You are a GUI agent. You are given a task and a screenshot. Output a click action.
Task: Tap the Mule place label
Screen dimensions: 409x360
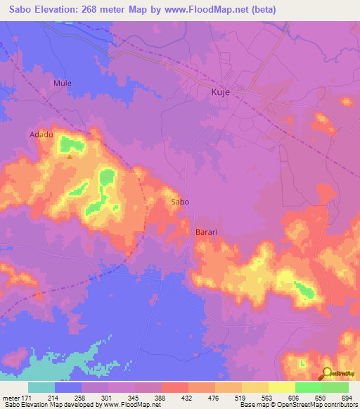(x=63, y=83)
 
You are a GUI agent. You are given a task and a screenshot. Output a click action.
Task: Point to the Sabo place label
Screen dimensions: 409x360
(x=180, y=202)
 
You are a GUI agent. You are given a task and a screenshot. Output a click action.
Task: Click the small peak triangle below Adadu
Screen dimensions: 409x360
(x=69, y=157)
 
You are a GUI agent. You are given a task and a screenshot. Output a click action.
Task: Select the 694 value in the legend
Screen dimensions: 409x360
(x=345, y=397)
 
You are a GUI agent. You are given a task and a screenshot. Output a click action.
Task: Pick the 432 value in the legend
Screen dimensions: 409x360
(x=186, y=397)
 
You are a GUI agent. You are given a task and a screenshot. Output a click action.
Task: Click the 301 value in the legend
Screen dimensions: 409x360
(x=107, y=397)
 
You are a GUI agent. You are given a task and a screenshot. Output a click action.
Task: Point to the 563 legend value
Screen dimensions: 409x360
(x=266, y=397)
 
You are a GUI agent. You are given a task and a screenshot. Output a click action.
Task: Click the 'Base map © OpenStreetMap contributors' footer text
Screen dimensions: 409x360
(x=297, y=405)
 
